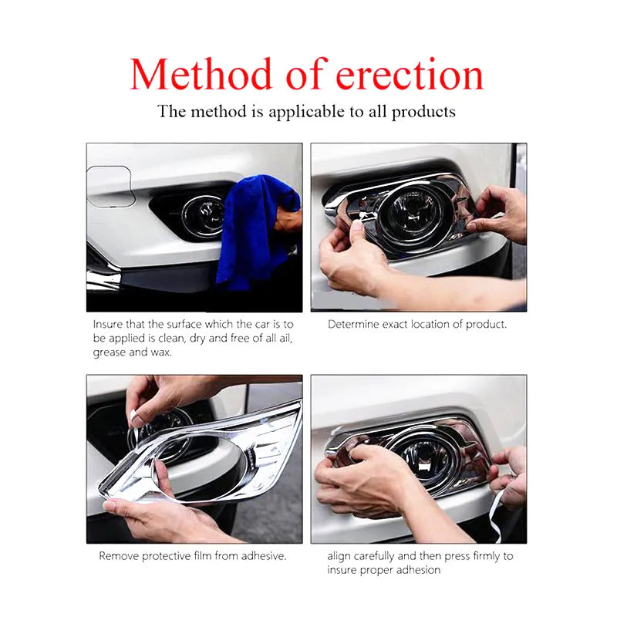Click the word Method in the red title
click(201, 74)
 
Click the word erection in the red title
click(410, 75)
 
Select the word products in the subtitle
click(423, 113)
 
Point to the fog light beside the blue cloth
click(204, 216)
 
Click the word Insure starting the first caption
click(108, 324)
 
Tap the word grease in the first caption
click(110, 352)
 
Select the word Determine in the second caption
click(353, 324)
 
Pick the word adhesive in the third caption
click(264, 556)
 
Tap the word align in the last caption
click(339, 556)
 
